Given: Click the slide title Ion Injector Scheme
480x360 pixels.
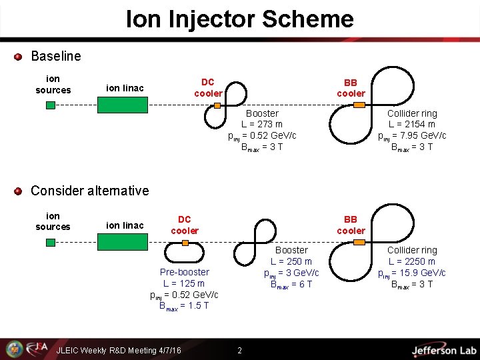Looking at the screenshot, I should pyautogui.click(x=240, y=19).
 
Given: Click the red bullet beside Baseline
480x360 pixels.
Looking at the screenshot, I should pyautogui.click(x=19, y=57).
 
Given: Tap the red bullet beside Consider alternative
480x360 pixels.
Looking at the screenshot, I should pyautogui.click(x=19, y=191).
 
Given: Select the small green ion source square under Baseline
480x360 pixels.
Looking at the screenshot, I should pyautogui.click(x=51, y=105).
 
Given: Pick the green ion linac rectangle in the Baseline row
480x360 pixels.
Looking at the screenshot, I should pyautogui.click(x=123, y=105).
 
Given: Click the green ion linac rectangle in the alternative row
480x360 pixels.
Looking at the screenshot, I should pyautogui.click(x=123, y=242).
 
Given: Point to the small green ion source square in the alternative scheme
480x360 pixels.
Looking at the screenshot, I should pyautogui.click(x=51, y=243).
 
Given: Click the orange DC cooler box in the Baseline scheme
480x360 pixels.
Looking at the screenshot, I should pyautogui.click(x=217, y=105).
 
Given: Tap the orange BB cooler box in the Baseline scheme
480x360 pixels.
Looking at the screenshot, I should pyautogui.click(x=359, y=105).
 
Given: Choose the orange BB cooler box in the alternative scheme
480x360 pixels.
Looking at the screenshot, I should pyautogui.click(x=359, y=242).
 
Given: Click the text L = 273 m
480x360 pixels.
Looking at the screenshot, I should pyautogui.click(x=262, y=125).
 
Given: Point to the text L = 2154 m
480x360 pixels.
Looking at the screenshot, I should pyautogui.click(x=411, y=125).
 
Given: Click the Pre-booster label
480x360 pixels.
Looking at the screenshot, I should pyautogui.click(x=184, y=272).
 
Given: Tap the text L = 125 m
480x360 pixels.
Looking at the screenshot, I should pyautogui.click(x=184, y=283).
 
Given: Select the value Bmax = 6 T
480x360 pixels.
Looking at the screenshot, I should pyautogui.click(x=291, y=284).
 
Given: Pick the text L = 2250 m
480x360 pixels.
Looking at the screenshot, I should pyautogui.click(x=411, y=261).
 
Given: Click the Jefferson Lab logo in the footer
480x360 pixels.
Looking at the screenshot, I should pyautogui.click(x=443, y=350).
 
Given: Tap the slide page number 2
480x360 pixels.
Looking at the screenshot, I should pyautogui.click(x=240, y=351).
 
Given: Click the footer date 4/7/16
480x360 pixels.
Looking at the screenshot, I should pyautogui.click(x=167, y=351).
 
